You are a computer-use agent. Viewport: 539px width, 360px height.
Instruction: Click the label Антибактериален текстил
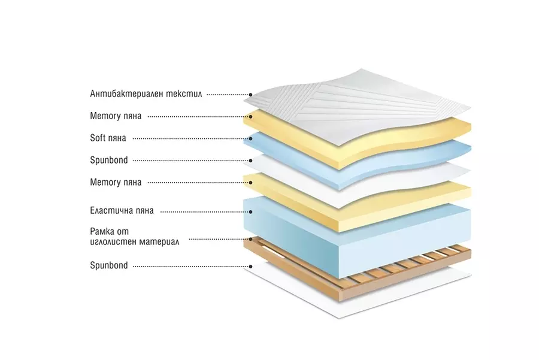pyautogui.click(x=146, y=94)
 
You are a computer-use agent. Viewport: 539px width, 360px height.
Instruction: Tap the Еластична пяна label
pyautogui.click(x=122, y=210)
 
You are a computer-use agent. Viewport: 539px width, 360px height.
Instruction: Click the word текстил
pyautogui.click(x=186, y=94)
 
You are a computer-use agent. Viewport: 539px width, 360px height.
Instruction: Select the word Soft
pyautogui.click(x=98, y=138)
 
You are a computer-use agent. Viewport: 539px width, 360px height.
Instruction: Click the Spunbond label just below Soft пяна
pyautogui.click(x=108, y=160)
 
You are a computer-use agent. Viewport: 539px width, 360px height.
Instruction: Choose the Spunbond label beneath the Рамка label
pyautogui.click(x=108, y=265)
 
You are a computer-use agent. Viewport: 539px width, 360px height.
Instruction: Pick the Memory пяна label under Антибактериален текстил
pyautogui.click(x=116, y=116)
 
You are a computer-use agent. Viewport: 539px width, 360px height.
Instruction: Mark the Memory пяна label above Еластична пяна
pyautogui.click(x=116, y=182)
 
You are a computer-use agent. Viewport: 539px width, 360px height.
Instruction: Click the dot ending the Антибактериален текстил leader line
pyautogui.click(x=251, y=95)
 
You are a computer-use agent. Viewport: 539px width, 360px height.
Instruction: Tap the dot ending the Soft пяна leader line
pyautogui.click(x=251, y=138)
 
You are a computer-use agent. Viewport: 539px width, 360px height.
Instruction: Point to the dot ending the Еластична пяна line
pyautogui.click(x=251, y=211)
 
